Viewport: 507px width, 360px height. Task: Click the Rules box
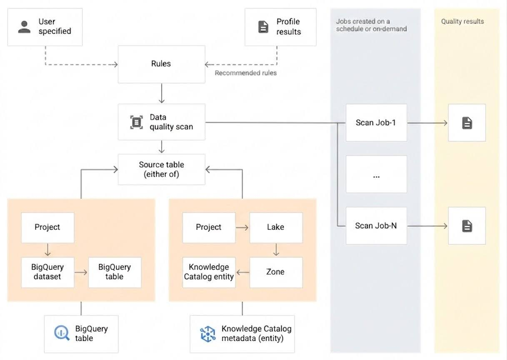[x=161, y=64]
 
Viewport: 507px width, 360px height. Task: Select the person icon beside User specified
[x=24, y=26]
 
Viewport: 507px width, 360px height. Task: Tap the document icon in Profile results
[x=263, y=27]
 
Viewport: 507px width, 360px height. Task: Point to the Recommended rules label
[x=245, y=73]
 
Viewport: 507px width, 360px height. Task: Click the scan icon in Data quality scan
[x=136, y=122]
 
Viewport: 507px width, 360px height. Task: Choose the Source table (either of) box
[x=161, y=170]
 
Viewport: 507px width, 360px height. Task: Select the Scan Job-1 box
[x=376, y=123]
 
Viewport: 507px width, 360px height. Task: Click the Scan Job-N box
[x=376, y=226]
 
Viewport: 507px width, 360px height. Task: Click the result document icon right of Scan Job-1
[x=467, y=123]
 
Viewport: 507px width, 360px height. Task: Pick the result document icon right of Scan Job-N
[x=467, y=226]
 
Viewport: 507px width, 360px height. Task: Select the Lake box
[x=276, y=227]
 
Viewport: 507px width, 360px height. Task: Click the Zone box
[x=276, y=272]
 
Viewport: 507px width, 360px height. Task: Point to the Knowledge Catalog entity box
[x=209, y=272]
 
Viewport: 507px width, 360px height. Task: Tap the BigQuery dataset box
[x=47, y=272]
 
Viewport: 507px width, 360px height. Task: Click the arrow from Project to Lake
[x=242, y=227]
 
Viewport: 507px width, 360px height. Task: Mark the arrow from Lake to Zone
[x=276, y=250]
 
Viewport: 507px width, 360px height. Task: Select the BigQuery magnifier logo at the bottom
[x=62, y=333]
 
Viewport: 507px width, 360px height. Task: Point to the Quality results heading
[x=462, y=21]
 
